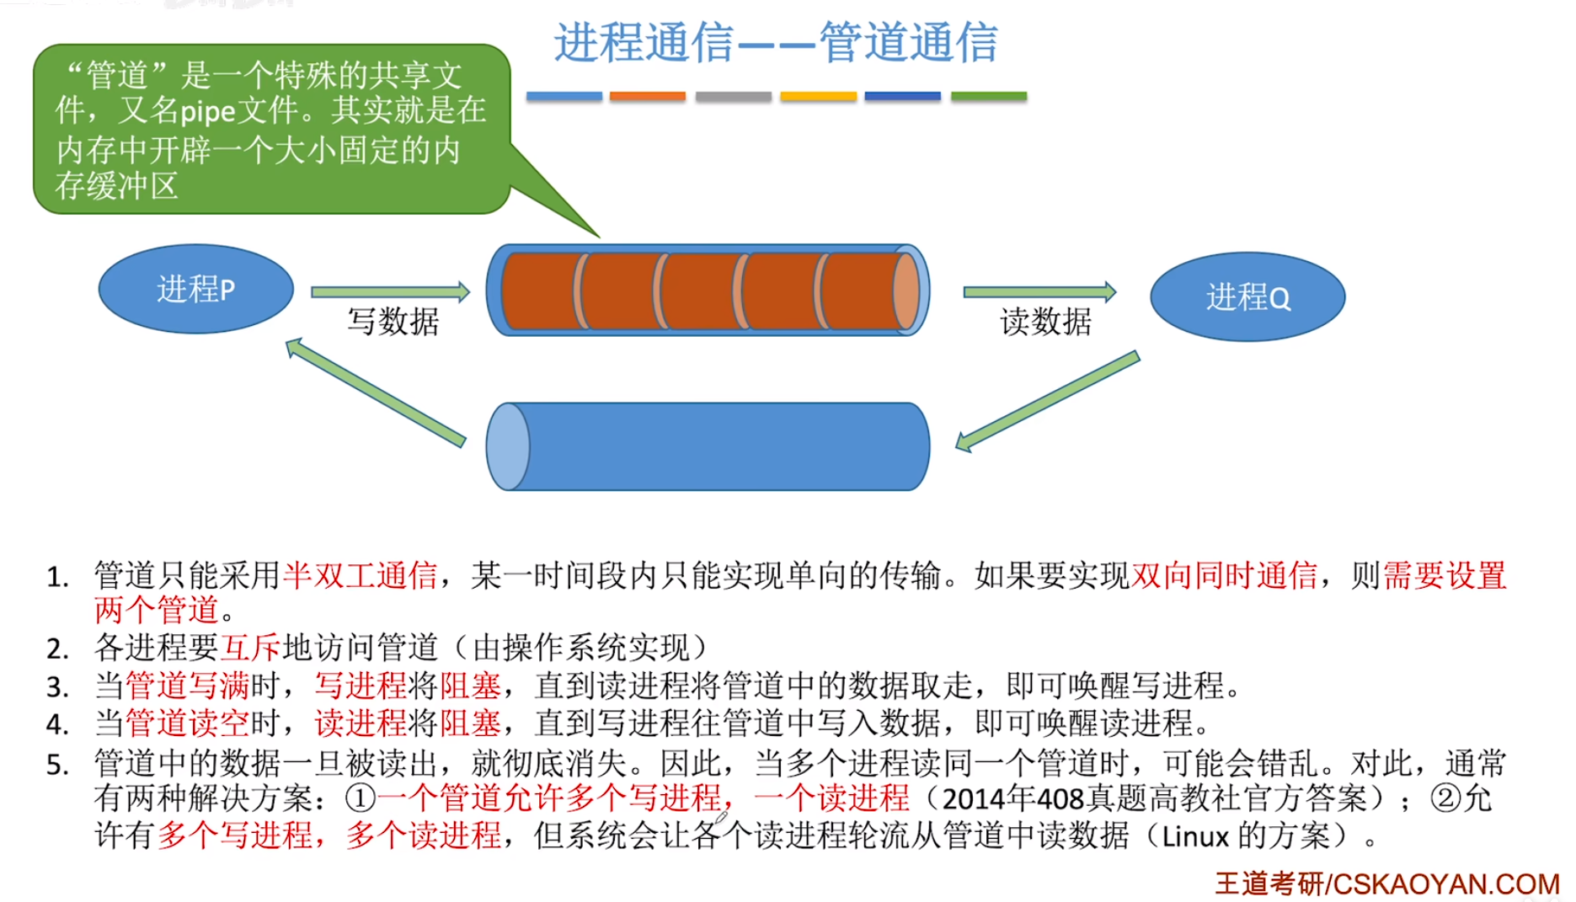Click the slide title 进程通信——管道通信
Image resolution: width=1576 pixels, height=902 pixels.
(x=775, y=42)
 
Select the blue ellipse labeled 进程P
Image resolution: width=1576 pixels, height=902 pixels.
(x=196, y=289)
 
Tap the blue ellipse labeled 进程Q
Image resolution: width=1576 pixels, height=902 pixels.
(x=1247, y=296)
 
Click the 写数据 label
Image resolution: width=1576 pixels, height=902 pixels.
(x=393, y=322)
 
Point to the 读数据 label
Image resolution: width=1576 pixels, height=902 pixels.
(x=1045, y=322)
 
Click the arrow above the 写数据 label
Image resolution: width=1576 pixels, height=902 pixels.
(x=390, y=291)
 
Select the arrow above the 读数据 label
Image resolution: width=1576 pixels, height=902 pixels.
(x=1039, y=291)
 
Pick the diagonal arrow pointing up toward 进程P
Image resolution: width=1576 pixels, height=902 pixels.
(x=375, y=392)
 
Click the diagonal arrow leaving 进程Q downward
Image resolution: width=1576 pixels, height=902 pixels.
(x=1047, y=402)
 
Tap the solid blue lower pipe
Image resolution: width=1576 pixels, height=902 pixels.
(x=708, y=446)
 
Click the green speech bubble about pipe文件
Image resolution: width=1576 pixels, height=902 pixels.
(x=271, y=129)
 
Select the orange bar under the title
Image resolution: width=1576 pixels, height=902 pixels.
(x=647, y=97)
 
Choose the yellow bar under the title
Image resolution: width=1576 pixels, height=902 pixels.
(x=818, y=97)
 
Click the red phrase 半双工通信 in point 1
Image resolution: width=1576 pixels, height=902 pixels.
(x=360, y=575)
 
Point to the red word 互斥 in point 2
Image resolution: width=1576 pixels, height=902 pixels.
(x=250, y=648)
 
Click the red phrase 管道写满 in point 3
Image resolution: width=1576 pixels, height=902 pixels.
(x=187, y=686)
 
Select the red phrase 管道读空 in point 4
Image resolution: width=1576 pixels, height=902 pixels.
(x=187, y=723)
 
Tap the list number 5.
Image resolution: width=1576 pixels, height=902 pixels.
(x=57, y=765)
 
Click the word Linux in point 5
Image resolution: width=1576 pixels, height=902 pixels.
(x=1195, y=836)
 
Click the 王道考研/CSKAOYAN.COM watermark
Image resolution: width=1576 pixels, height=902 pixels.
(x=1386, y=883)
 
